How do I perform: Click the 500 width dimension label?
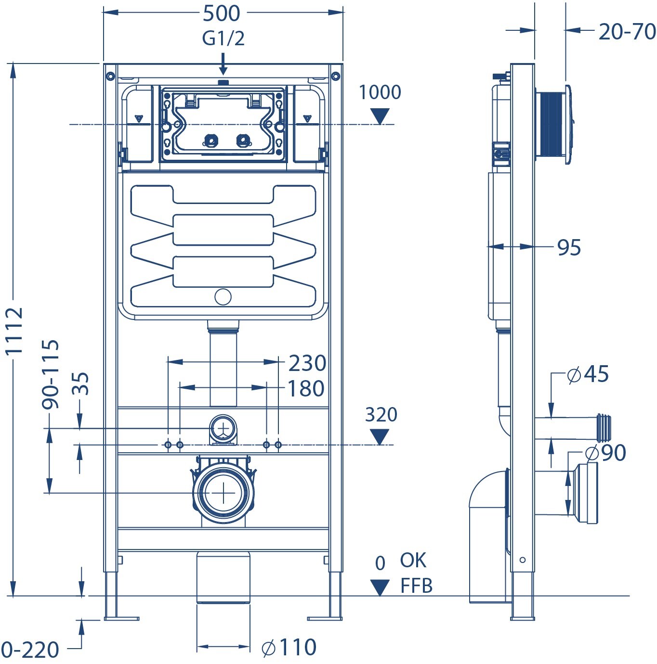(x=222, y=13)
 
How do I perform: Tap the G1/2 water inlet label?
(x=223, y=38)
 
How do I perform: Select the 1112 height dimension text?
(x=14, y=331)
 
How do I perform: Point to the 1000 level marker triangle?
(x=380, y=116)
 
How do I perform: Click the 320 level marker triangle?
(x=380, y=437)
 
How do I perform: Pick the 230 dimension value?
(x=307, y=363)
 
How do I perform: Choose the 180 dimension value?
(x=306, y=389)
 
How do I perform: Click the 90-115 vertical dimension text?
(x=51, y=374)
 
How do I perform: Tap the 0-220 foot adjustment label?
(x=30, y=650)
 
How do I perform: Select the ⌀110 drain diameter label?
(x=289, y=648)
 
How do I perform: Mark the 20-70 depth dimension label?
(x=627, y=32)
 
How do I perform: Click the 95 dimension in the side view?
(x=569, y=248)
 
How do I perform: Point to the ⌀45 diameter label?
(x=588, y=374)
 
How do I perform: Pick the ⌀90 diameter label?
(x=605, y=453)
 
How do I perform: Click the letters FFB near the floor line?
(x=417, y=586)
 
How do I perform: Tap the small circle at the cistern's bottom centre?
(x=223, y=297)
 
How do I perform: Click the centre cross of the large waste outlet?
(x=223, y=494)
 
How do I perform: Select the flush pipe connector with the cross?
(x=223, y=428)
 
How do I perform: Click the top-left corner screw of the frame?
(x=110, y=76)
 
